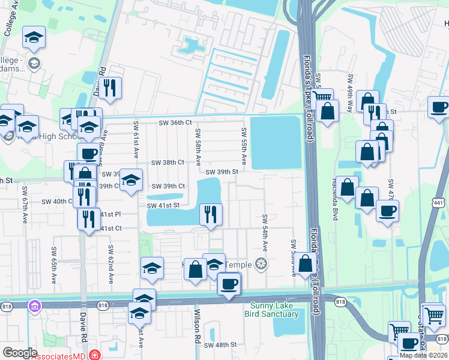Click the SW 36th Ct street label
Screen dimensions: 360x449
pos(175,122)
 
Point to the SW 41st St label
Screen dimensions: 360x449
pos(163,205)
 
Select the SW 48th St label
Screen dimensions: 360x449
pos(220,345)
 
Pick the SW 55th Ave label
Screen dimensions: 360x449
pos(244,146)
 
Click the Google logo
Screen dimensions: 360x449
pos(20,353)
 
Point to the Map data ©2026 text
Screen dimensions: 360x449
pos(423,355)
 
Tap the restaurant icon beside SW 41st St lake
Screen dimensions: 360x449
pos(211,215)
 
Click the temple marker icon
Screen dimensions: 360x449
pos(261,263)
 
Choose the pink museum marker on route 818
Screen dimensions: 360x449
pos(34,305)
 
